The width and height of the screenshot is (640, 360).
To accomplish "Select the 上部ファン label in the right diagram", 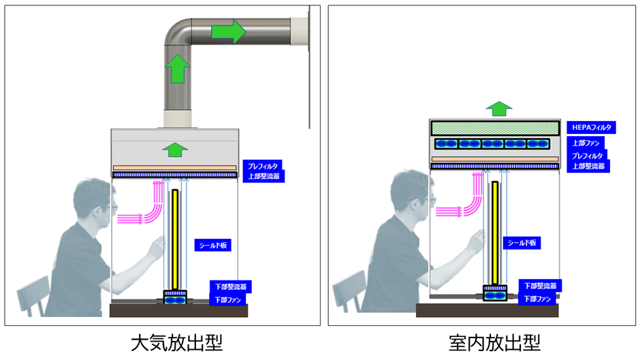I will tap(585, 144).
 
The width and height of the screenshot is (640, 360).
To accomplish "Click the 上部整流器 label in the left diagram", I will tap(263, 176).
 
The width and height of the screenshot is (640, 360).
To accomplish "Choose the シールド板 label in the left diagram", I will tap(212, 246).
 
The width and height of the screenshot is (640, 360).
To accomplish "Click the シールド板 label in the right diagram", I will tap(522, 242).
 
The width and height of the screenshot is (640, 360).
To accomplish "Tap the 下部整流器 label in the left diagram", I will tap(228, 287).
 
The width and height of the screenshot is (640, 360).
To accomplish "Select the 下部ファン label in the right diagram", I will tap(538, 298).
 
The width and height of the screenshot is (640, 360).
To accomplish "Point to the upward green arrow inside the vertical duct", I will tap(177, 69).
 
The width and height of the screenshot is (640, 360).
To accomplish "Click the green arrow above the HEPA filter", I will tap(500, 108).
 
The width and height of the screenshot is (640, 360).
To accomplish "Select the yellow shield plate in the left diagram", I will tap(175, 238).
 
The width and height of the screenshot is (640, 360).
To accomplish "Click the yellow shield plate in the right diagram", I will tap(495, 231).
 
